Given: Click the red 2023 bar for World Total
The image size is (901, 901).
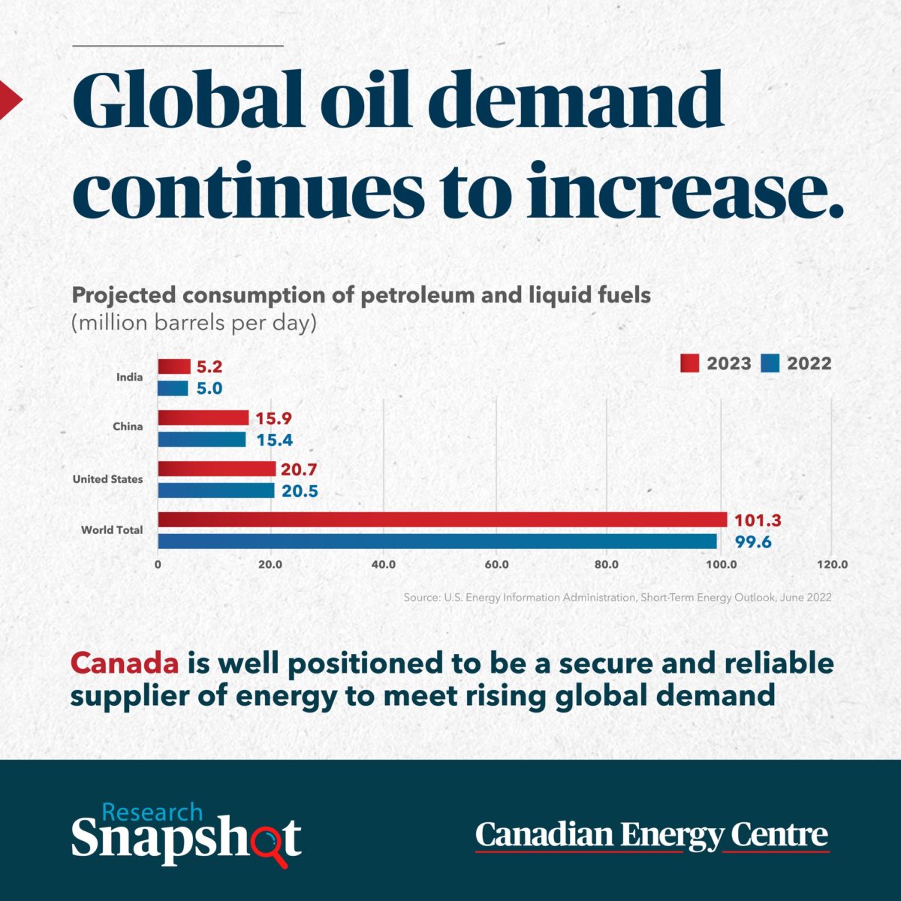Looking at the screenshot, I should click(442, 520).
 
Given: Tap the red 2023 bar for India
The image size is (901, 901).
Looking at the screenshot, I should click(174, 366).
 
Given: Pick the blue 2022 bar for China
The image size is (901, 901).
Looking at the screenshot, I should click(202, 439).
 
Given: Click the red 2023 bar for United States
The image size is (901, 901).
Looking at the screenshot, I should click(217, 469).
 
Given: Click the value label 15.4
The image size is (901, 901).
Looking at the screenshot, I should click(274, 440).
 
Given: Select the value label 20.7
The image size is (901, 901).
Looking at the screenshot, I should click(299, 469).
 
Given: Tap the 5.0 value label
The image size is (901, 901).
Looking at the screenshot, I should click(209, 389).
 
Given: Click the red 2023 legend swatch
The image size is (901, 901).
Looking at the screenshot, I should click(690, 363).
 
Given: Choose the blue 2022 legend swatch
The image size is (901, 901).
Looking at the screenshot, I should click(770, 363).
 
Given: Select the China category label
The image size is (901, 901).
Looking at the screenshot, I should click(128, 426).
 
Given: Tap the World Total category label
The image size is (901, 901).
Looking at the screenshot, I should click(112, 530).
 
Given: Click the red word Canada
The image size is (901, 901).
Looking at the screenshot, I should click(125, 663).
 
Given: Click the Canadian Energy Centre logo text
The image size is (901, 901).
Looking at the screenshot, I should click(652, 835).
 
